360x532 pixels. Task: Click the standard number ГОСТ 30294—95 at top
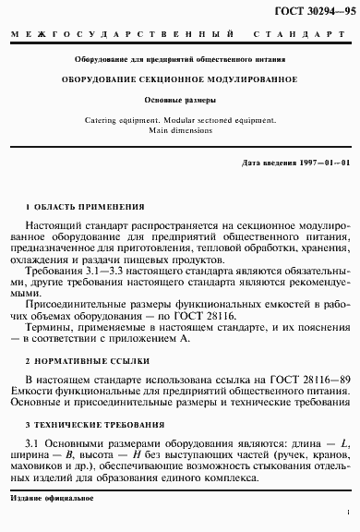pyautogui.click(x=311, y=10)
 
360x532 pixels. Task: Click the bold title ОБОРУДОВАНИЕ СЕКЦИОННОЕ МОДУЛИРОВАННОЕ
pyautogui.click(x=179, y=79)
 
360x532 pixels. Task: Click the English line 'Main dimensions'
pyautogui.click(x=180, y=131)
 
